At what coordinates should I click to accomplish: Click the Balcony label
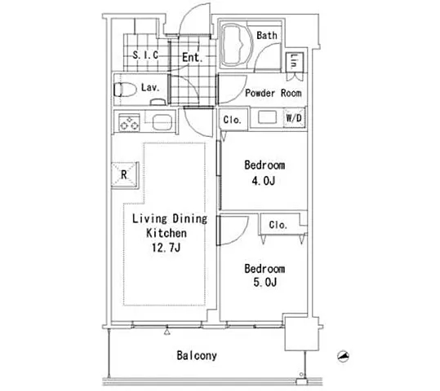pyautogui.click(x=197, y=355)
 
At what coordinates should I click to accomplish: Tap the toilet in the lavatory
pyautogui.click(x=125, y=90)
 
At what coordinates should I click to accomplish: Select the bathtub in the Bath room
pyautogui.click(x=237, y=46)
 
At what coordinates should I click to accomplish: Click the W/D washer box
pyautogui.click(x=294, y=118)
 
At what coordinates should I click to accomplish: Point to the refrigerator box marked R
pyautogui.click(x=125, y=175)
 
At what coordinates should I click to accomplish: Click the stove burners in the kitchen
pyautogui.click(x=129, y=122)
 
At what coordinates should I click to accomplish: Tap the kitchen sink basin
pyautogui.click(x=162, y=122)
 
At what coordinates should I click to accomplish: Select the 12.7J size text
pyautogui.click(x=166, y=248)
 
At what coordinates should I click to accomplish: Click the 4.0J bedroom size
pyautogui.click(x=264, y=181)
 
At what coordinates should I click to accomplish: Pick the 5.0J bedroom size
pyautogui.click(x=264, y=282)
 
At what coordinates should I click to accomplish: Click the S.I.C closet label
pyautogui.click(x=145, y=55)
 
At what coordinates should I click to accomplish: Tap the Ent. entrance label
pyautogui.click(x=192, y=57)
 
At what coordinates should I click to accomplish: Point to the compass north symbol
pyautogui.click(x=343, y=356)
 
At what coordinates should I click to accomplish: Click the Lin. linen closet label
pyautogui.click(x=294, y=62)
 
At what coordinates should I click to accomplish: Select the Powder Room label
pyautogui.click(x=273, y=93)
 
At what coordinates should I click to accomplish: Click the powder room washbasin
pyautogui.click(x=267, y=117)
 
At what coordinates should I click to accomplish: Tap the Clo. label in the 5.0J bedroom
pyautogui.click(x=278, y=225)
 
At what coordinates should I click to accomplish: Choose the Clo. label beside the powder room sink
pyautogui.click(x=233, y=120)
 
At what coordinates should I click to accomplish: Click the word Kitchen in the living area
pyautogui.click(x=167, y=233)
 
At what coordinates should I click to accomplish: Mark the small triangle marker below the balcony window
pyautogui.click(x=167, y=332)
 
